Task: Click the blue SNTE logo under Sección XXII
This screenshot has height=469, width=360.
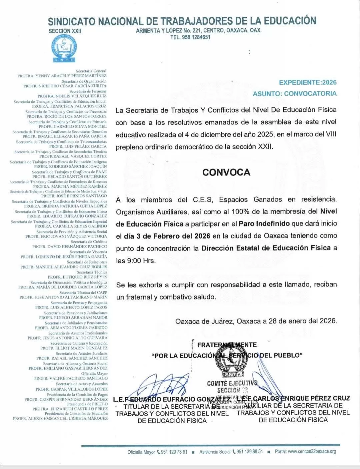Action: [x=64, y=48]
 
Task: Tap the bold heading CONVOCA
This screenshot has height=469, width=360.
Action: [x=226, y=172]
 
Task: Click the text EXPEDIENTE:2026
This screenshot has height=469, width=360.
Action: [x=308, y=82]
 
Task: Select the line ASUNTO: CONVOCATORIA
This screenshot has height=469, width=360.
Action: [x=295, y=93]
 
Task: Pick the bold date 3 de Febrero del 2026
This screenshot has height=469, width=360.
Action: [x=167, y=236]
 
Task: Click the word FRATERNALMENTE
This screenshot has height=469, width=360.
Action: [x=227, y=345]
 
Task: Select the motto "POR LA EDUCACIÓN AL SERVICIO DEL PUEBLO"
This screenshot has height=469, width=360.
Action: [x=227, y=355]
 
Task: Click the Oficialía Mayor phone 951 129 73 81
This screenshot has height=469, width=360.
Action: [x=174, y=452]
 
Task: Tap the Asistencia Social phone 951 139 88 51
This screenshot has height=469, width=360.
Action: [x=249, y=452]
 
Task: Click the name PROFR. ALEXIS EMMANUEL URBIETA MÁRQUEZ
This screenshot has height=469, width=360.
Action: [x=60, y=418]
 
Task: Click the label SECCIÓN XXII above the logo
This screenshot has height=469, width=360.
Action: [x=65, y=31]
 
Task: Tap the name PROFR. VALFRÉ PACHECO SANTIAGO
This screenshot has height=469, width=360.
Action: [x=71, y=378]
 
